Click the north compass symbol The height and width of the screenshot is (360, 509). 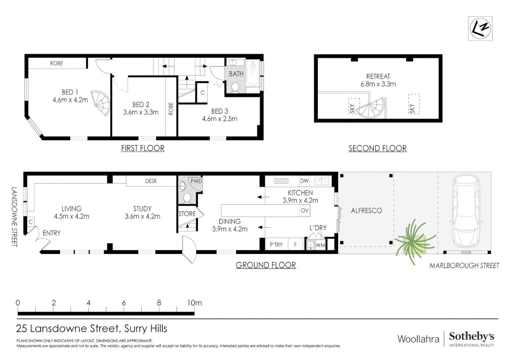(480, 29)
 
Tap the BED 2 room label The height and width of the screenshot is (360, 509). (141, 105)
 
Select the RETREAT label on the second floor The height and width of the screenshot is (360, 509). (378, 76)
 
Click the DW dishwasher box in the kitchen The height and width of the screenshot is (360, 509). (304, 181)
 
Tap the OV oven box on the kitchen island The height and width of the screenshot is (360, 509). (304, 211)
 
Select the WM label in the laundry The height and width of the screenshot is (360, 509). (320, 245)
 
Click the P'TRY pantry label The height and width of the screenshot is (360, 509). (276, 245)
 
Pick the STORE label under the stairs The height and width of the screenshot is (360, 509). (187, 214)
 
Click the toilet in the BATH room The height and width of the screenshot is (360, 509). (235, 88)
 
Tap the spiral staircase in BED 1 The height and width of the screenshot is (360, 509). (101, 103)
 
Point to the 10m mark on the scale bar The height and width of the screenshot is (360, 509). (195, 303)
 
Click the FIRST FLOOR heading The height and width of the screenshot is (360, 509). (143, 148)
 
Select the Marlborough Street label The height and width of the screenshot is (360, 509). (464, 265)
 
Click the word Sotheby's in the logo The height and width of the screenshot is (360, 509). (471, 337)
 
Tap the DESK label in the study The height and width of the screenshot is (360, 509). (151, 181)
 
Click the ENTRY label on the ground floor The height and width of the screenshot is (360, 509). (52, 233)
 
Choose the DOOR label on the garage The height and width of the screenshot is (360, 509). (466, 252)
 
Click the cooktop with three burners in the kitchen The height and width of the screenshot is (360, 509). (281, 181)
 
